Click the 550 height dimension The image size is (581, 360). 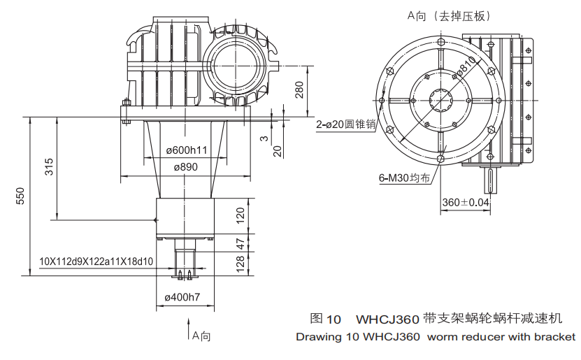[x=20, y=196]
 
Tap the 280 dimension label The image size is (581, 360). [x=299, y=90]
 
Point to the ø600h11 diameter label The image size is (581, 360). [x=186, y=150]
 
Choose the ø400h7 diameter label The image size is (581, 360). [x=182, y=297]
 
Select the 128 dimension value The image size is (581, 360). [x=241, y=263]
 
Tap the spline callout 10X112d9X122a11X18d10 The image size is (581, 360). [x=96, y=261]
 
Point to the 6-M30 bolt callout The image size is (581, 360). [x=403, y=178]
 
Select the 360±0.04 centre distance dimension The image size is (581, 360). [x=466, y=202]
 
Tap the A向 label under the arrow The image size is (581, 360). [x=201, y=336]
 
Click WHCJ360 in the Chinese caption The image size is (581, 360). [x=388, y=319]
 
